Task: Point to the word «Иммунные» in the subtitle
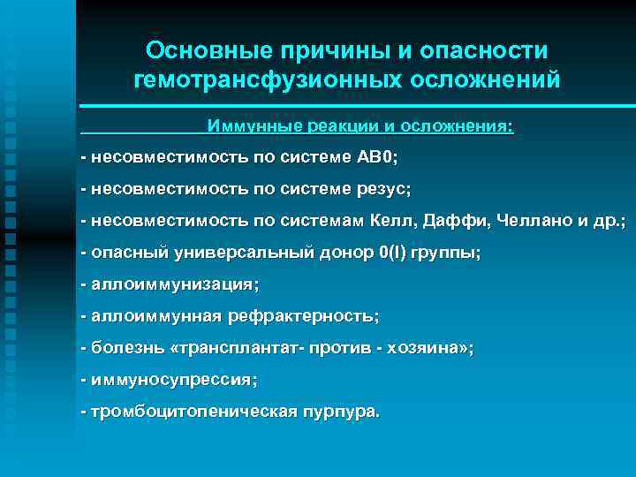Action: [x=254, y=125]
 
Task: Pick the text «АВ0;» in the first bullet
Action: [x=377, y=157]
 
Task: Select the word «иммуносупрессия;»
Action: [x=174, y=380]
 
